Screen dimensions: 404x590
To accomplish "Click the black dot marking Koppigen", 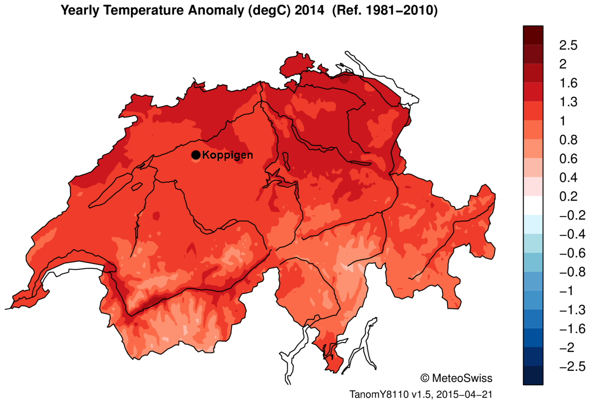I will pyautogui.click(x=195, y=155).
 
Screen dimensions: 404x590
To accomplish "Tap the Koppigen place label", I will pyautogui.click(x=227, y=155).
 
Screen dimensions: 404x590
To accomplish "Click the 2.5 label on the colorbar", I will pyautogui.click(x=568, y=45).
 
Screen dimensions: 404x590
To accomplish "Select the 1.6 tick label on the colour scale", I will pyautogui.click(x=568, y=83).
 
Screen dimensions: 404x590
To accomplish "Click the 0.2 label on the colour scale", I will pyautogui.click(x=568, y=196).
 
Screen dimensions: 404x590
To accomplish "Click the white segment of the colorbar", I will pyautogui.click(x=533, y=206).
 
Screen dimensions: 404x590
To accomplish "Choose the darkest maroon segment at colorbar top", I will pyautogui.click(x=533, y=35).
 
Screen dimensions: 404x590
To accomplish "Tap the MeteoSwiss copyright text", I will pyautogui.click(x=456, y=378).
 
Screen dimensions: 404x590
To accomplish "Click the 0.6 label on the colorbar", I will pyautogui.click(x=568, y=159).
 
